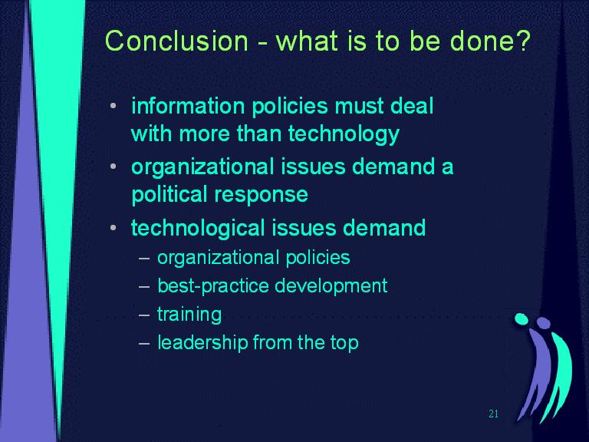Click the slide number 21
[x=494, y=414]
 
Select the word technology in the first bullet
[x=344, y=134]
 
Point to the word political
[x=169, y=194]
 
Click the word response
[x=261, y=196]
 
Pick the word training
[x=189, y=314]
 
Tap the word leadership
[x=202, y=342]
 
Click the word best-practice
[x=213, y=285]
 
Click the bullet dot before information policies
[x=114, y=106]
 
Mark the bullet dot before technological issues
[x=114, y=227]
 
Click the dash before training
[x=144, y=315]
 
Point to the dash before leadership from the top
[x=144, y=343]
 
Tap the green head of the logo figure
[x=521, y=318]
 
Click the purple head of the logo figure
[x=543, y=323]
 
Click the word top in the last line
[x=344, y=344]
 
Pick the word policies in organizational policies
[x=318, y=258]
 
